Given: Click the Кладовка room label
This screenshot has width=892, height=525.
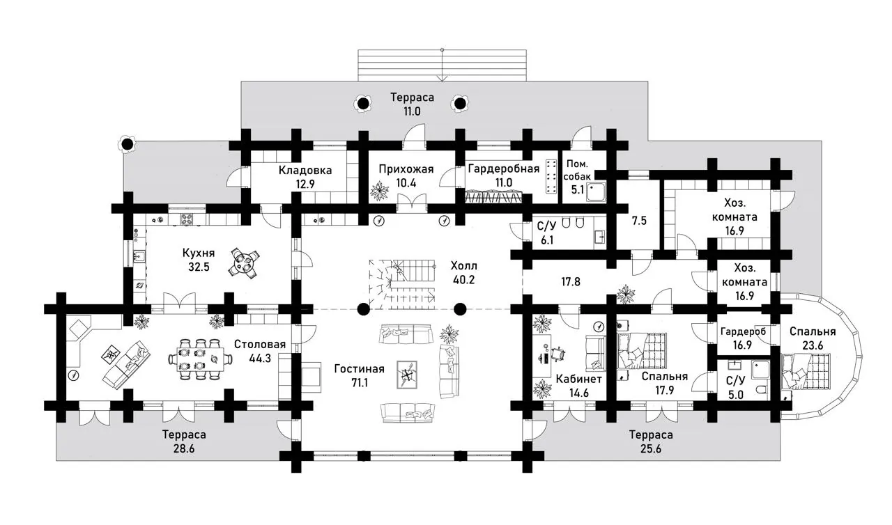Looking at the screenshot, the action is point(305,171).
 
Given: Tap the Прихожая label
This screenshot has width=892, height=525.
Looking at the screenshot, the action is point(406,169).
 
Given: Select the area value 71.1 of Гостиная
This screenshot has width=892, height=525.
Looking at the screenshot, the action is point(360,383).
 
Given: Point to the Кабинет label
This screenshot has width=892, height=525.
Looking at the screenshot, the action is point(578,379).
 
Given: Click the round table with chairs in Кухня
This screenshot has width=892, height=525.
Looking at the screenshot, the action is point(244,262).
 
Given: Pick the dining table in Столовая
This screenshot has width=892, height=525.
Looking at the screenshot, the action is point(200,360).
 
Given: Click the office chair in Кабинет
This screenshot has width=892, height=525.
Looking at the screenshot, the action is point(557,354).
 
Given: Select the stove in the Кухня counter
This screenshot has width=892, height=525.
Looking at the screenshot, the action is point(187,219).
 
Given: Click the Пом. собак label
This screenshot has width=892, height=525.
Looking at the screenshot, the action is point(577,170).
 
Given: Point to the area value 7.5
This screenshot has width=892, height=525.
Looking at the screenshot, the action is point(639,221).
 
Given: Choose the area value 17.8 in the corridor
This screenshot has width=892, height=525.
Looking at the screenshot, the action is point(571,282).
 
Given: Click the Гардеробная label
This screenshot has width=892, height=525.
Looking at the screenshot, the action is point(503,169).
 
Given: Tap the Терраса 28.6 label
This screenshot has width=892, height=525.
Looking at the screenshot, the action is point(184,441).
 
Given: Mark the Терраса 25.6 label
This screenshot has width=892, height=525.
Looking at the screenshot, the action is point(651,441).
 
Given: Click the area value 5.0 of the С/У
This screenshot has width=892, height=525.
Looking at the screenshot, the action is point(735,395).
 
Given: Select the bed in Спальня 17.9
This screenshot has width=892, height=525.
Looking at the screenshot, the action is point(642,351).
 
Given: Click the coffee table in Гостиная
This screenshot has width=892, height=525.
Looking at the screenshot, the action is point(407,375).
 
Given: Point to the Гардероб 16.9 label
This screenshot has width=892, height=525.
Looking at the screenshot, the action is point(743,338).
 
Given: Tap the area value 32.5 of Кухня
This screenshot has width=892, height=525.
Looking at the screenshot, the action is point(199,267).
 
